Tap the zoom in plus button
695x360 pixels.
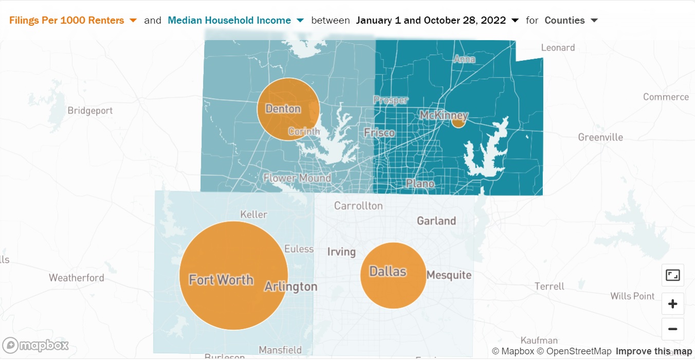pyautogui.click(x=672, y=304)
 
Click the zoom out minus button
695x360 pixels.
pyautogui.click(x=672, y=329)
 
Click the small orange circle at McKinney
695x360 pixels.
pyautogui.click(x=459, y=121)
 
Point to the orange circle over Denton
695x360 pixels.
pyautogui.click(x=288, y=109)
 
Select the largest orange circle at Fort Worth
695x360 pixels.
pyautogui.click(x=234, y=276)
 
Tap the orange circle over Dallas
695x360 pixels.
pyautogui.click(x=393, y=276)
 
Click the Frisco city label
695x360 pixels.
pyautogui.click(x=379, y=133)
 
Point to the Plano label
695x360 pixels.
pyautogui.click(x=420, y=183)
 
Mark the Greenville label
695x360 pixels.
pyautogui.click(x=600, y=137)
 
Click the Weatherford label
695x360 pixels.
pyautogui.click(x=77, y=278)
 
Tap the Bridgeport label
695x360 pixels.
pyautogui.click(x=90, y=111)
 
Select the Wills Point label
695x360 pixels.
pyautogui.click(x=632, y=296)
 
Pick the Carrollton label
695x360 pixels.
pyautogui.click(x=358, y=206)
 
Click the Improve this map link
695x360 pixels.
pyautogui.click(x=654, y=351)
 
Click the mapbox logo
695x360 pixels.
pyautogui.click(x=35, y=346)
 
